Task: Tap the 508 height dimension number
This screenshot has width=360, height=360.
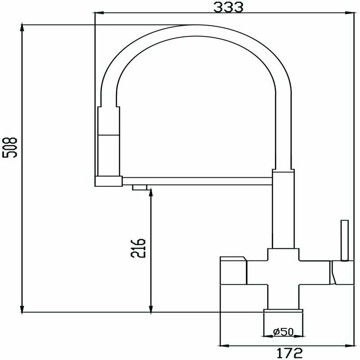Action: click(9, 148)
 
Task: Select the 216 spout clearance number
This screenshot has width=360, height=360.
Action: click(138, 248)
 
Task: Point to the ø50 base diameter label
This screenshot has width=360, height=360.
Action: click(283, 332)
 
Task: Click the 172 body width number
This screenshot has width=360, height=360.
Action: click(289, 353)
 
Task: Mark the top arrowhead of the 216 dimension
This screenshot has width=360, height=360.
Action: click(151, 193)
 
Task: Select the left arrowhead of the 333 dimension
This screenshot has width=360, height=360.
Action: click(99, 13)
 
